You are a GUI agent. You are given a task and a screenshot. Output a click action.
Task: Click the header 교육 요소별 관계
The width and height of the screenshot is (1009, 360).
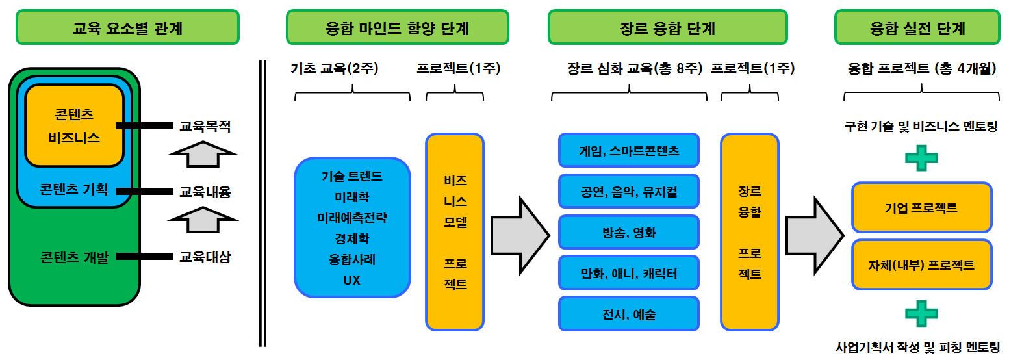tap(127, 28)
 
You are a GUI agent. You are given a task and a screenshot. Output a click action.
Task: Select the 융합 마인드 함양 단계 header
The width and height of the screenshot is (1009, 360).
tap(397, 28)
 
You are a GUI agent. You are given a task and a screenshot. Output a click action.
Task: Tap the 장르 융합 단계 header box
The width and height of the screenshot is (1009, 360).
tap(667, 28)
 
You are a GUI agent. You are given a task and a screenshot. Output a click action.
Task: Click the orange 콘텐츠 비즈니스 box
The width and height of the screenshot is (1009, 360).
tap(74, 126)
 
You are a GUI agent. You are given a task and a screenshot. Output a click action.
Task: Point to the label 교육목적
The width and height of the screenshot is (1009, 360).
tap(205, 127)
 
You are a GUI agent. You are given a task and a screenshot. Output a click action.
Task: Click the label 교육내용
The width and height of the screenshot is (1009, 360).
tap(205, 192)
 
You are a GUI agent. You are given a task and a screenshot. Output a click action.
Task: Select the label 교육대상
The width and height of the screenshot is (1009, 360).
tap(205, 257)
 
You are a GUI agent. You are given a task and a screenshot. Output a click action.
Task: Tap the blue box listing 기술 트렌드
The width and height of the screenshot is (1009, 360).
tap(352, 228)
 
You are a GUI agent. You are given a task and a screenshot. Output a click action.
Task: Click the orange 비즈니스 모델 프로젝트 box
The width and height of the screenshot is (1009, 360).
tap(455, 231)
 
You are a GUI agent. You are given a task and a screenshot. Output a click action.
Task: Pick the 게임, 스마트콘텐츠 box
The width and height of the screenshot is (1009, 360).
tap(628, 151)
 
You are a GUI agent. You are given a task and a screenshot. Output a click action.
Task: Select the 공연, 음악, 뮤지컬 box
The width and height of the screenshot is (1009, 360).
tap(628, 192)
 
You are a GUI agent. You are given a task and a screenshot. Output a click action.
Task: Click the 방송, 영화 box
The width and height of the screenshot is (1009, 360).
tap(628, 233)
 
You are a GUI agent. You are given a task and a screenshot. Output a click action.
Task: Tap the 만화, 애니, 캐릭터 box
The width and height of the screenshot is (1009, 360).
tap(628, 274)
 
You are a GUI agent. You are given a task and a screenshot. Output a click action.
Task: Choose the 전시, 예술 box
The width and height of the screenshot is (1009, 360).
tap(628, 315)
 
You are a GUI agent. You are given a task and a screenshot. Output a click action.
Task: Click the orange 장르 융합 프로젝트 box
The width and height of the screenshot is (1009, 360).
tap(749, 231)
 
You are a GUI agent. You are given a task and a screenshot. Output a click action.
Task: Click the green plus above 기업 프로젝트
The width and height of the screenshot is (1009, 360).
tap(921, 158)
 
